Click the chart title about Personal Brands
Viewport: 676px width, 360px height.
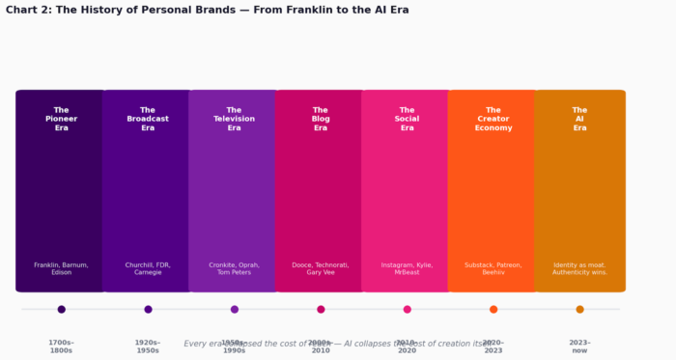(207, 10)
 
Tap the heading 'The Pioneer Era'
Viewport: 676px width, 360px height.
(61, 119)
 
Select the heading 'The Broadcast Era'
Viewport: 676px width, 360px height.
(148, 119)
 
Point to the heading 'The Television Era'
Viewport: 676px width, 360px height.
(234, 119)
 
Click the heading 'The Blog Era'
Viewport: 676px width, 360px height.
(321, 119)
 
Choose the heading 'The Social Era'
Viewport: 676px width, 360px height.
(407, 119)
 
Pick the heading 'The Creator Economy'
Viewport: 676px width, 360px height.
(493, 119)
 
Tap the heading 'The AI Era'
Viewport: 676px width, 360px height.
(579, 119)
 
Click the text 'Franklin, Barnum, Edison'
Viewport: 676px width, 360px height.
(61, 268)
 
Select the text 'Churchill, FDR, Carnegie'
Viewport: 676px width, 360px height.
(148, 268)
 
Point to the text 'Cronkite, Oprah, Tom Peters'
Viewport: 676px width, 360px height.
(234, 268)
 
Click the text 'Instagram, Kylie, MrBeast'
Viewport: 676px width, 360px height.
(407, 268)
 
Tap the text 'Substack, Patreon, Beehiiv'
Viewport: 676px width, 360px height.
(493, 268)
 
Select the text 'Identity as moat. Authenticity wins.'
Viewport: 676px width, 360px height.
(579, 268)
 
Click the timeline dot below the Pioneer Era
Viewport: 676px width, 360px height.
(62, 310)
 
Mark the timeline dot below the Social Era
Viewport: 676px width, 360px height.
(408, 310)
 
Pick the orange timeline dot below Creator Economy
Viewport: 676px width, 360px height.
(493, 310)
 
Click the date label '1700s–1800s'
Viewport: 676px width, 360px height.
(61, 346)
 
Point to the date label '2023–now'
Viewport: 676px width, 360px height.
(579, 346)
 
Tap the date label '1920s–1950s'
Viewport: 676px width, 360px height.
(148, 346)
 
